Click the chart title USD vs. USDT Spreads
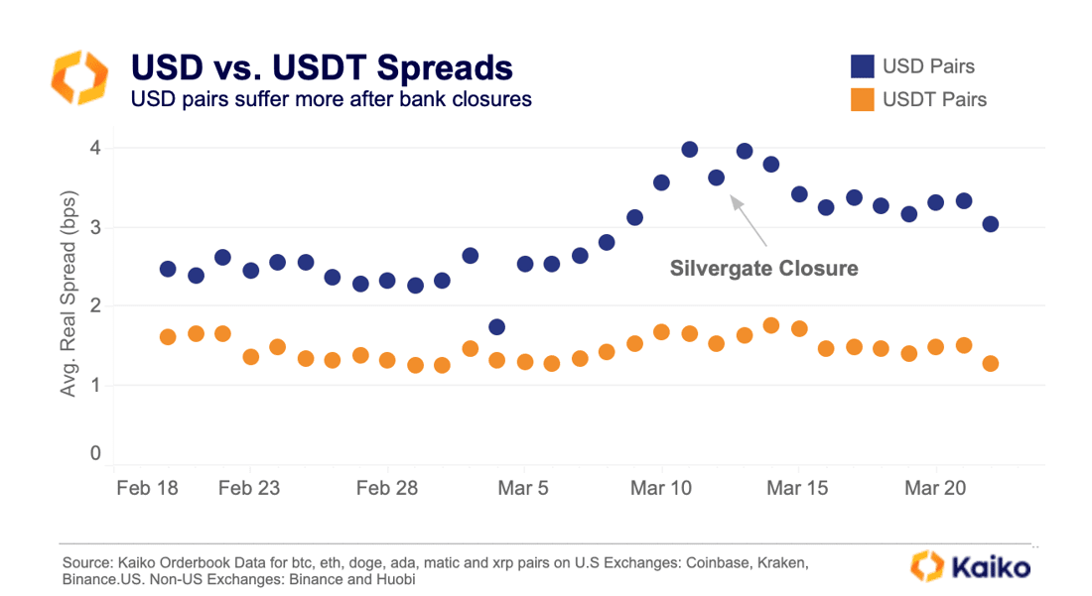coord(322,67)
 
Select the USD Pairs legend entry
coord(927,66)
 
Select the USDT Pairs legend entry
coord(933,99)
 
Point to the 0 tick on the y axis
coord(95,453)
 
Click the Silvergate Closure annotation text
coord(763,269)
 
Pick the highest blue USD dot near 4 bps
coord(690,150)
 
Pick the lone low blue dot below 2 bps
coord(497,327)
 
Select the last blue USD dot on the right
coord(990,224)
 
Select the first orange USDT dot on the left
coord(168,337)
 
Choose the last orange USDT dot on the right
coord(990,364)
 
